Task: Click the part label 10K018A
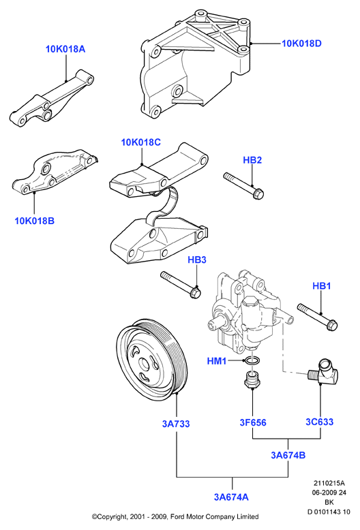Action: point(65,49)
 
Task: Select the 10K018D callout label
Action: point(302,44)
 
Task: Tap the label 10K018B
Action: point(35,221)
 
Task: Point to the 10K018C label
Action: point(141,142)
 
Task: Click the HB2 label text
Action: point(252,160)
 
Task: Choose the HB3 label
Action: point(197,260)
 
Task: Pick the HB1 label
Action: point(321,286)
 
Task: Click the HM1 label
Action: point(217,361)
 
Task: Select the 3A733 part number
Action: point(176,424)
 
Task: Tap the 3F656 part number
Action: point(253,422)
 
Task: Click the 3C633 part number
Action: point(320,422)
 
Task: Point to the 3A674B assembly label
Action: point(288,455)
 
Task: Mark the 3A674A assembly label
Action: point(231,497)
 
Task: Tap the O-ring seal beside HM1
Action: point(253,360)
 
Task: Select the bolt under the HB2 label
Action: point(243,185)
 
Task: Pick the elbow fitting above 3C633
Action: point(324,373)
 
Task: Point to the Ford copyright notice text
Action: point(175,516)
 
